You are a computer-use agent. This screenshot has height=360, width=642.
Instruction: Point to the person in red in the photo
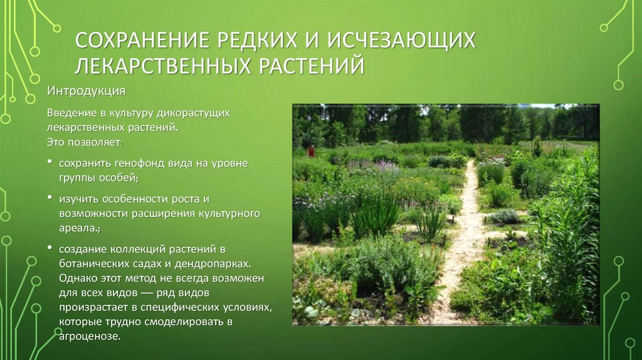tap(310, 151)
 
